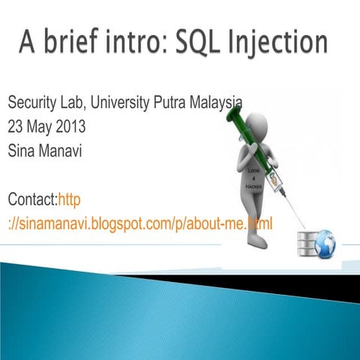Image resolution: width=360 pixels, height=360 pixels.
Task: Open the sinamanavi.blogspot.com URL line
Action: (x=139, y=223)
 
